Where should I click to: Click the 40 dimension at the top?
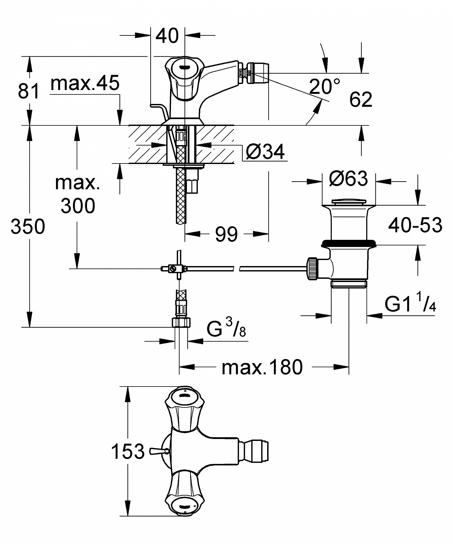tap(167, 36)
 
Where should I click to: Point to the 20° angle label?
tap(325, 86)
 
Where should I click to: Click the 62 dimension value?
tap(360, 99)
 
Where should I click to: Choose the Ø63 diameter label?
tap(348, 179)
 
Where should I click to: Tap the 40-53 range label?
tap(415, 225)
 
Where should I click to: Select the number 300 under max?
tap(78, 206)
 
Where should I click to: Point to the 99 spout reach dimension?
tap(226, 234)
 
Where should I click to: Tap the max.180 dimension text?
tap(262, 367)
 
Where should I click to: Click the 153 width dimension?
tap(128, 451)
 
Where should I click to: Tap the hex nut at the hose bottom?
tap(181, 323)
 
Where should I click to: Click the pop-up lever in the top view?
tap(159, 452)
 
